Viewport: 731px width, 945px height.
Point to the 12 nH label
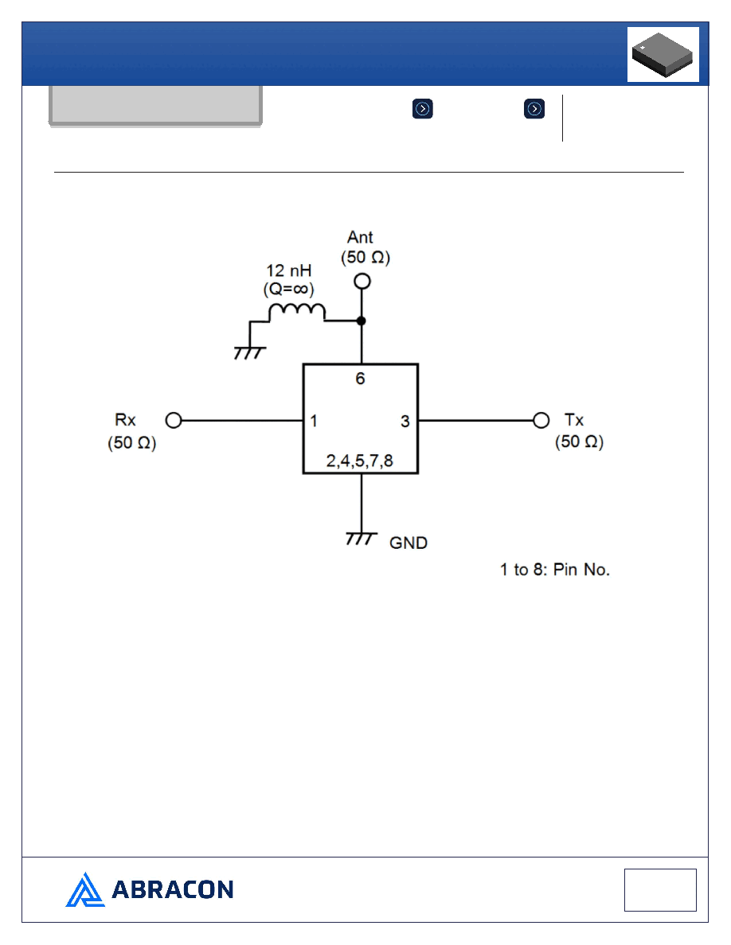point(289,270)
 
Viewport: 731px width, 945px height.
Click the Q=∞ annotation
point(289,290)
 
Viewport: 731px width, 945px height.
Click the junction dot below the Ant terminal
point(362,321)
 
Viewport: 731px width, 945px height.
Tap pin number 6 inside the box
point(360,379)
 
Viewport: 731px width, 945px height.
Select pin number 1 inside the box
point(314,421)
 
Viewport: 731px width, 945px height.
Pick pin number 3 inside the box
point(405,422)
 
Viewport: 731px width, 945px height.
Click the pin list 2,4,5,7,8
point(359,461)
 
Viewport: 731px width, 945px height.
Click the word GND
point(408,543)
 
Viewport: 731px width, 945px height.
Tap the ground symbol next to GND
point(362,539)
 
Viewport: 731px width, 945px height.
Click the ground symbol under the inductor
point(250,352)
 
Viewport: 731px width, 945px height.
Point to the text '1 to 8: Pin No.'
point(555,570)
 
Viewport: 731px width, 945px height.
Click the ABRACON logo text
point(173,889)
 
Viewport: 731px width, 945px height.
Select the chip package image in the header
point(663,54)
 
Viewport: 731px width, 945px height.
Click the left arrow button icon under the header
point(423,109)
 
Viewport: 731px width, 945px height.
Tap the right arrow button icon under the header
point(534,109)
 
